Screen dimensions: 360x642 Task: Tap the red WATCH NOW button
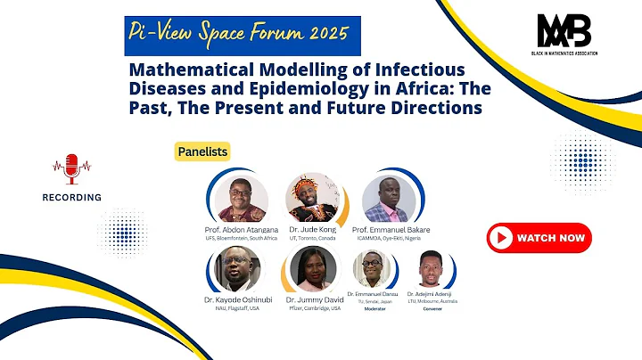click(x=539, y=238)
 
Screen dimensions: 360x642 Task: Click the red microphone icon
click(x=72, y=166)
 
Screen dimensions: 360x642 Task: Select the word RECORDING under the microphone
click(x=71, y=197)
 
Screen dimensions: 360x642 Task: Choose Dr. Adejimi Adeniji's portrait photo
click(x=432, y=269)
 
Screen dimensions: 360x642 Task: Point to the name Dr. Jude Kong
click(x=311, y=229)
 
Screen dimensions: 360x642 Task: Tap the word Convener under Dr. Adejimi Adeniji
click(x=432, y=309)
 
